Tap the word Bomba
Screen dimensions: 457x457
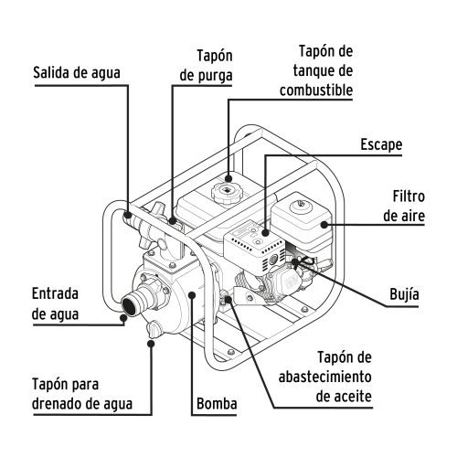point(217,403)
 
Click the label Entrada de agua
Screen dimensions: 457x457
point(57,303)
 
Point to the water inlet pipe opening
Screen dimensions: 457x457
point(131,308)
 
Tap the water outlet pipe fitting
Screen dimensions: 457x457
point(133,222)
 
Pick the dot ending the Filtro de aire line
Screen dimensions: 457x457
point(321,223)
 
